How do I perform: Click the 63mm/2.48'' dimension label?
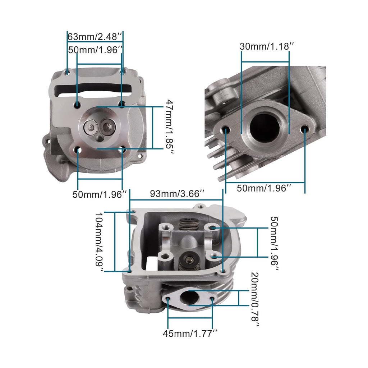(96, 37)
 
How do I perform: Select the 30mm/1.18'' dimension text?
(267, 46)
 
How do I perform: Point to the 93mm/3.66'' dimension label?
(177, 193)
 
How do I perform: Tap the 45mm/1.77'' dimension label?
(190, 333)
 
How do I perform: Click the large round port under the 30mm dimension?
(265, 127)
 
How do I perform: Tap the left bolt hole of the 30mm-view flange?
(226, 129)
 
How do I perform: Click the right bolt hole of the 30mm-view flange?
(305, 129)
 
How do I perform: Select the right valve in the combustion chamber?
(107, 126)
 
